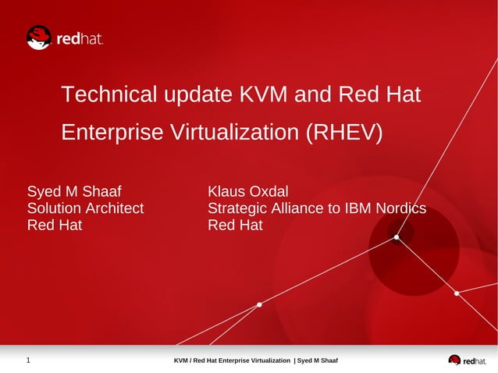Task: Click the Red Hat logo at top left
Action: click(x=64, y=37)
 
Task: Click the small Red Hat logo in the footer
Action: click(x=466, y=361)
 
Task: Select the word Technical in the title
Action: click(x=108, y=95)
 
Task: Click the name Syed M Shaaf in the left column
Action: click(x=74, y=192)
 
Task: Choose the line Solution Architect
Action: click(x=86, y=208)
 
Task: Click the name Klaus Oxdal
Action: click(x=248, y=192)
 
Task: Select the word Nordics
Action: click(x=400, y=208)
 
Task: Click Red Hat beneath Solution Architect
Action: click(x=55, y=226)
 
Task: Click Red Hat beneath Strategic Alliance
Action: click(x=235, y=226)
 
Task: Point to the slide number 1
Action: click(x=28, y=361)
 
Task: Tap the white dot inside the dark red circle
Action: click(x=397, y=237)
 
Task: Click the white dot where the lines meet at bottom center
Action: click(x=259, y=305)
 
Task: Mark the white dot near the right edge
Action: click(x=457, y=293)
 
